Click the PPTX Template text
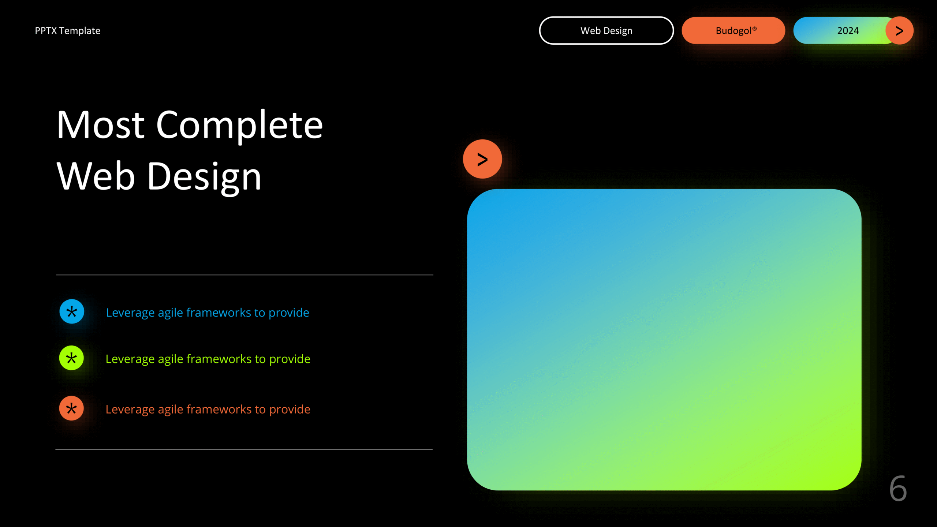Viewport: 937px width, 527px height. coord(67,31)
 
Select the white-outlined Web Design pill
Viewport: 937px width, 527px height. coord(606,31)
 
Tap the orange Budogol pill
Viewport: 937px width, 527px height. coord(733,31)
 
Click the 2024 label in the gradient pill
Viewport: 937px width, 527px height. coord(848,31)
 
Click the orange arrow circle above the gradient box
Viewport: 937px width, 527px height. coord(482,159)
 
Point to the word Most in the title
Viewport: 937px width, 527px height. coord(101,125)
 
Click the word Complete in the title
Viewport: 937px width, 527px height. coord(239,125)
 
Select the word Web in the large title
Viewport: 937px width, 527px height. coord(96,177)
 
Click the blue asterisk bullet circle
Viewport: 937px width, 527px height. coord(72,312)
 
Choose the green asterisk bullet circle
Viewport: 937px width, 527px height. coord(72,358)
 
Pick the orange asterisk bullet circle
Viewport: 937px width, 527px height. coord(72,408)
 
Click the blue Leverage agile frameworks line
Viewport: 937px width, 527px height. coord(208,313)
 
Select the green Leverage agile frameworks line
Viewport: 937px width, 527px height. coord(208,359)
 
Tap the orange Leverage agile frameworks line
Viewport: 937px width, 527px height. coord(208,409)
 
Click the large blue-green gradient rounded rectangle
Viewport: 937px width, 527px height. coord(664,340)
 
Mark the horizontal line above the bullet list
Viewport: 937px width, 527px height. coord(244,275)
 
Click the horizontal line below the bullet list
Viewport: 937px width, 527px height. coord(244,449)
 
